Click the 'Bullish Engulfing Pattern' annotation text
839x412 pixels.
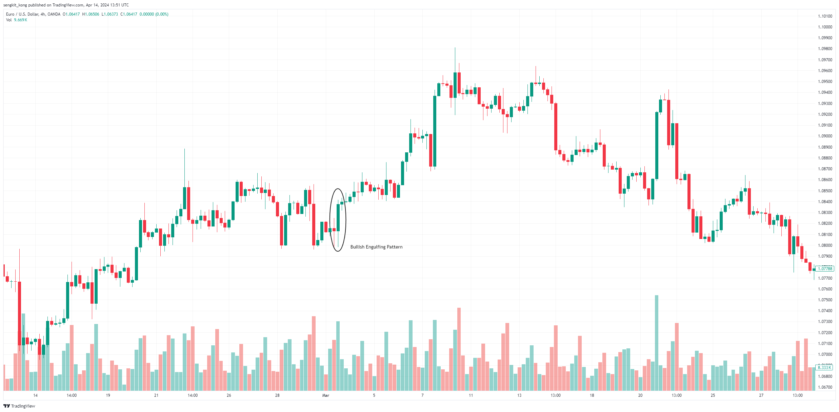376,247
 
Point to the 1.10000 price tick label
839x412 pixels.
825,27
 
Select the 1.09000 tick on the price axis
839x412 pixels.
825,136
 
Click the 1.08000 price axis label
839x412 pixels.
825,245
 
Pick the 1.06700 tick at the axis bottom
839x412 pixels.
825,387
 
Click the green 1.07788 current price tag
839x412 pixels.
825,269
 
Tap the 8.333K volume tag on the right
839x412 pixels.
824,368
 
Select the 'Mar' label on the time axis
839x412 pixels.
326,395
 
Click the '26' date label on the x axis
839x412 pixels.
229,395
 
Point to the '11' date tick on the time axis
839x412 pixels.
471,395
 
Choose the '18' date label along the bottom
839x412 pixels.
592,395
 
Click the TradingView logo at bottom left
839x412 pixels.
19,406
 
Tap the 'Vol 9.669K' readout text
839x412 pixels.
17,20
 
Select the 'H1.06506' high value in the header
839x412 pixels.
91,14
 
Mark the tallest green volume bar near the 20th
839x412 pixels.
657,342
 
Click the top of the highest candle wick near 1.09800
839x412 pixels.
455,48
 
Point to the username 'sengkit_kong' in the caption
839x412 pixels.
15,5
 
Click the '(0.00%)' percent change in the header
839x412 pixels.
162,14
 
